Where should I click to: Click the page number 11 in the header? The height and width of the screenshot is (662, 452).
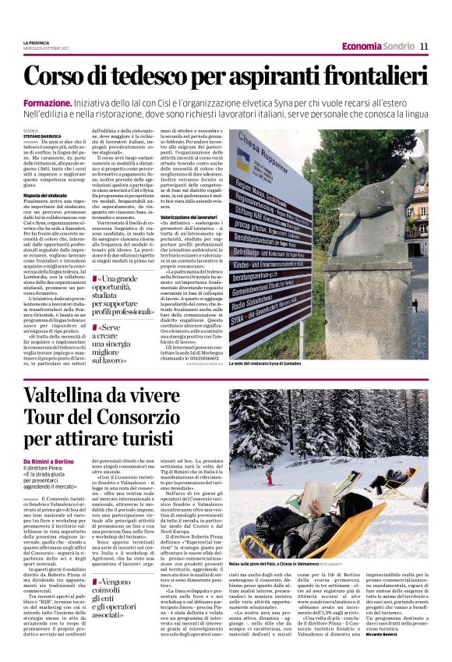tap(424, 46)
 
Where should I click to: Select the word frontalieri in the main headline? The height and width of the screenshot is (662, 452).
tap(368, 76)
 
